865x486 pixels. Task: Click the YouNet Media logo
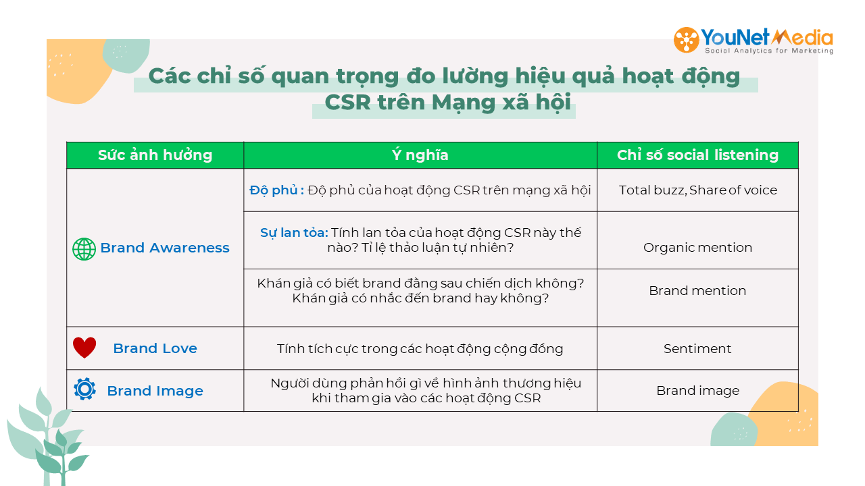(753, 40)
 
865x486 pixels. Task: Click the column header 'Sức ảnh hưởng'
(155, 155)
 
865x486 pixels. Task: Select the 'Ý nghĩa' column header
(420, 155)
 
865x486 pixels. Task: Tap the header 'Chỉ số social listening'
(697, 155)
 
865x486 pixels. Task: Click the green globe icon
(84, 249)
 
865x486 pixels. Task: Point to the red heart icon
(84, 348)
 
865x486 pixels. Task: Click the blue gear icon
(85, 389)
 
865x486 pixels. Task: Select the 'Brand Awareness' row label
(165, 248)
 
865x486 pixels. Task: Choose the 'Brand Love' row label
(155, 348)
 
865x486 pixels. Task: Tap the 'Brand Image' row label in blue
(155, 391)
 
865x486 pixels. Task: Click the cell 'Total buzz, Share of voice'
(698, 190)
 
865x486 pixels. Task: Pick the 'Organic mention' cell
(698, 247)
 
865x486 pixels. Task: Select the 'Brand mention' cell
(697, 290)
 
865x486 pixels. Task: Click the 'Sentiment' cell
(697, 349)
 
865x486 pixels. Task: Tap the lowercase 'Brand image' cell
(698, 391)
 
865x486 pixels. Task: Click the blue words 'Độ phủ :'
(276, 190)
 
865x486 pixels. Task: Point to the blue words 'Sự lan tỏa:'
(294, 233)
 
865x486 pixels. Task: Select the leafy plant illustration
(47, 438)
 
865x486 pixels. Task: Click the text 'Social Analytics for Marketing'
(769, 51)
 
